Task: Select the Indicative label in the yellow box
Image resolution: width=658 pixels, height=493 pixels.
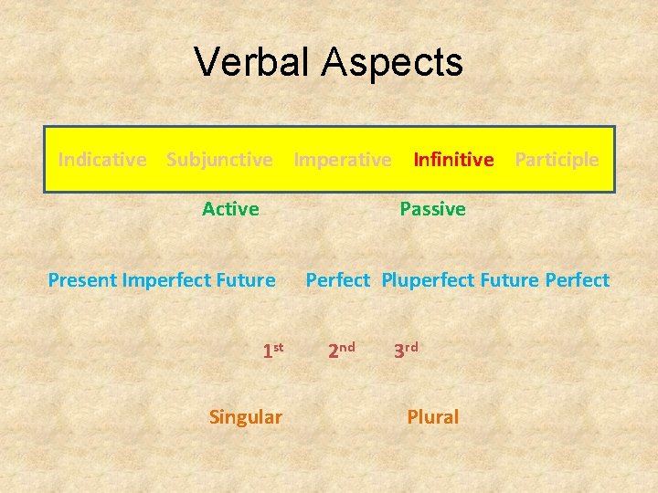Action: tap(101, 160)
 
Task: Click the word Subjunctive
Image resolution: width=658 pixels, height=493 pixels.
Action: tap(219, 160)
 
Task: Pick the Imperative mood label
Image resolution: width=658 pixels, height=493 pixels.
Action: tap(342, 160)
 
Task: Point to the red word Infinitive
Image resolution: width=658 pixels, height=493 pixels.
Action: tap(453, 160)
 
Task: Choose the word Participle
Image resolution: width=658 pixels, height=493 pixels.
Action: tap(557, 160)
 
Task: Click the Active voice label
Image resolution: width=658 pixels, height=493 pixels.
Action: tap(230, 209)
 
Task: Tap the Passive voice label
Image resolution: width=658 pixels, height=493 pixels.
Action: tap(432, 209)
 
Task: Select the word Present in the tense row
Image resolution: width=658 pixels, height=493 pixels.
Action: tap(82, 280)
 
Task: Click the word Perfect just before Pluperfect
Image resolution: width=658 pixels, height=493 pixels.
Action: tap(337, 280)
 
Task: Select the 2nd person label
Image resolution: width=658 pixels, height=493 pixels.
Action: tap(341, 350)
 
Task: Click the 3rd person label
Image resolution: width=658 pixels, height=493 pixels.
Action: tap(406, 350)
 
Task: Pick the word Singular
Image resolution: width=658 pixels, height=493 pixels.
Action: tap(245, 417)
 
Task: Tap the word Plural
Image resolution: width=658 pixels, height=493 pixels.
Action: tap(432, 417)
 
